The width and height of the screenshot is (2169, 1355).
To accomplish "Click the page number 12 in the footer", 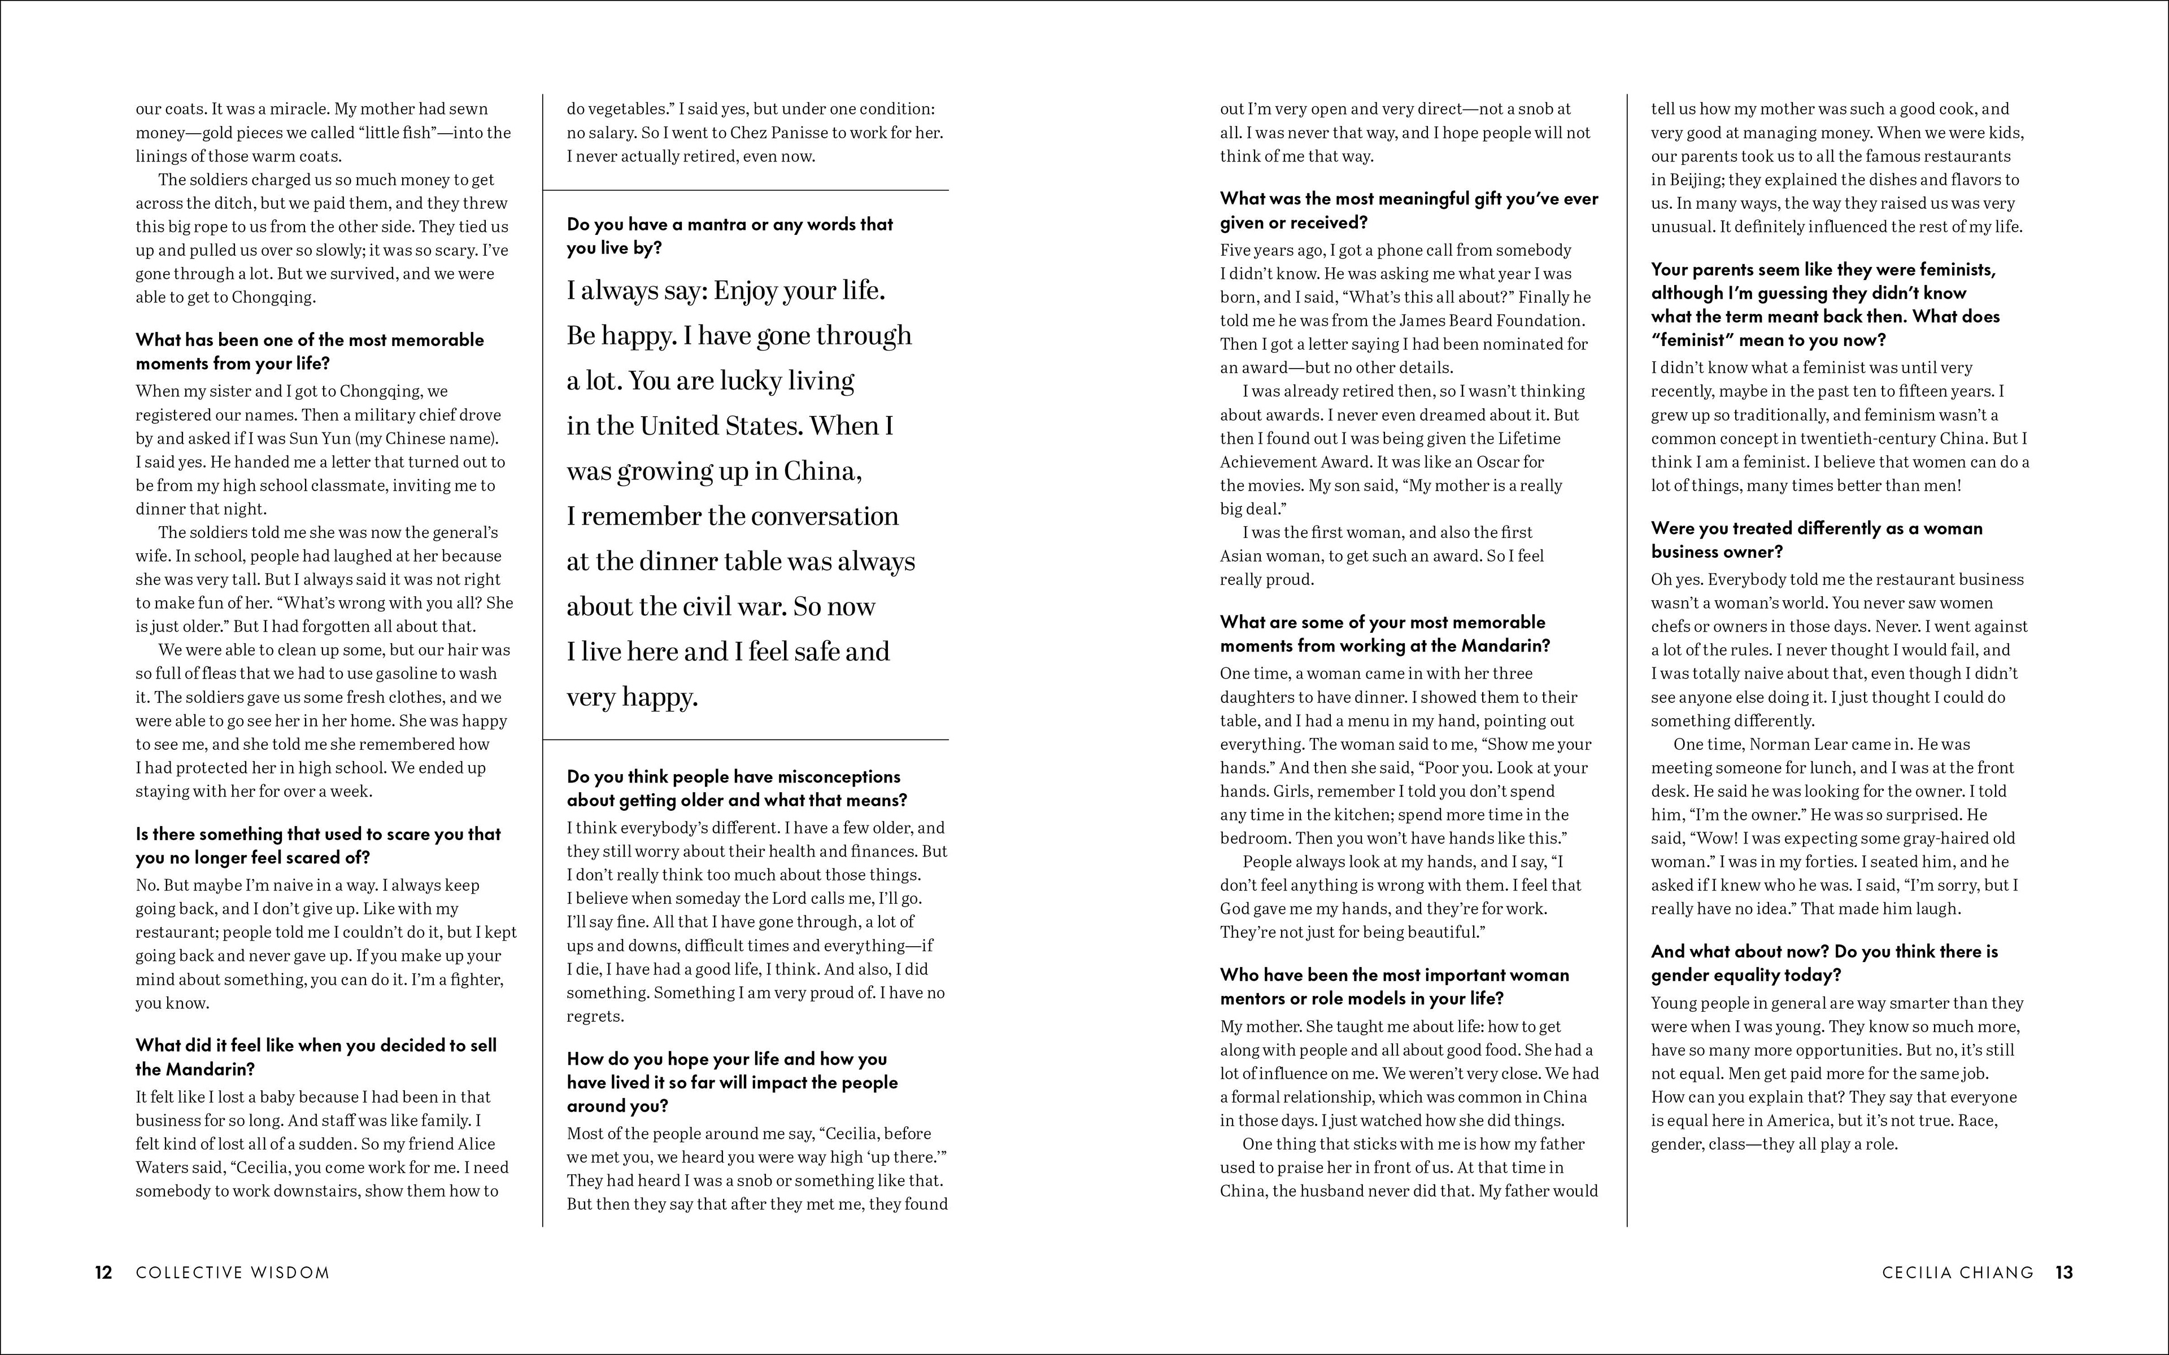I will tap(104, 1273).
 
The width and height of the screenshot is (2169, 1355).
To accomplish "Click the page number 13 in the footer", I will tap(2064, 1273).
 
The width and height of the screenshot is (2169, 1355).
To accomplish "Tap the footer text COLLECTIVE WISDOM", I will tap(233, 1273).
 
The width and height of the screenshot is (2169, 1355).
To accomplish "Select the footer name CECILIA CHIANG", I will tap(1958, 1273).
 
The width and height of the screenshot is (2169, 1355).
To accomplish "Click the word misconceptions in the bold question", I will tap(824, 777).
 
